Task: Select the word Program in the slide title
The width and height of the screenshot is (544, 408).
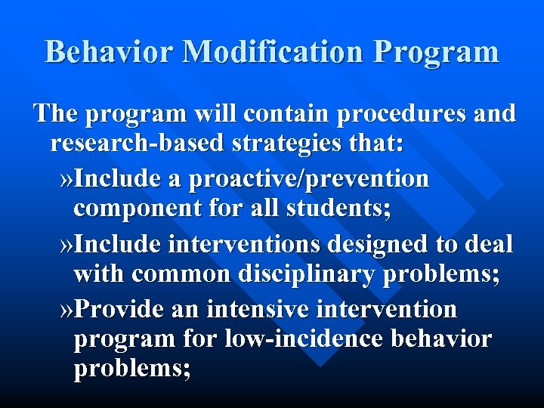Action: coord(437,51)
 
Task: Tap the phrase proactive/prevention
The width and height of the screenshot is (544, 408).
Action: coord(309,179)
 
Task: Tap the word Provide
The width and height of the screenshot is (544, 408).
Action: coord(121,309)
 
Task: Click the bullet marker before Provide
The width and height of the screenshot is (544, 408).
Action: coord(66,309)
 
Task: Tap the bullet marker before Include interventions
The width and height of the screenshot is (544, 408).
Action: coord(66,244)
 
